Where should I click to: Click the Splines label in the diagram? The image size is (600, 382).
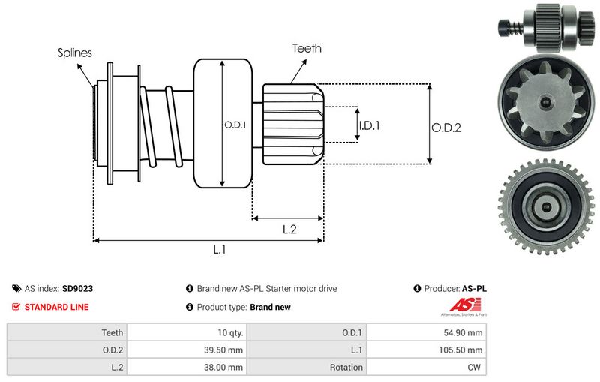[x=74, y=53]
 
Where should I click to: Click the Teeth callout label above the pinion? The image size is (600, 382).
[x=307, y=48]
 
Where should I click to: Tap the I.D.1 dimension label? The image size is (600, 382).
[x=369, y=125]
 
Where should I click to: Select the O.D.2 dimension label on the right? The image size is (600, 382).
[x=445, y=128]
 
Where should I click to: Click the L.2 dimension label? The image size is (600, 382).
[x=290, y=230]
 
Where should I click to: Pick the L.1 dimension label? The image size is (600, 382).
[x=219, y=250]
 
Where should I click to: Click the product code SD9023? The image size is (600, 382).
[x=77, y=288]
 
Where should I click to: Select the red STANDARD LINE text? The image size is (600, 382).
[x=56, y=307]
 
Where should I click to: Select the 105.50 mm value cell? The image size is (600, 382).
[x=463, y=350]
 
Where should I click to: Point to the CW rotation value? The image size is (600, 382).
[x=475, y=367]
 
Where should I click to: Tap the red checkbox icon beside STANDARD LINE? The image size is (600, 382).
[x=16, y=307]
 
